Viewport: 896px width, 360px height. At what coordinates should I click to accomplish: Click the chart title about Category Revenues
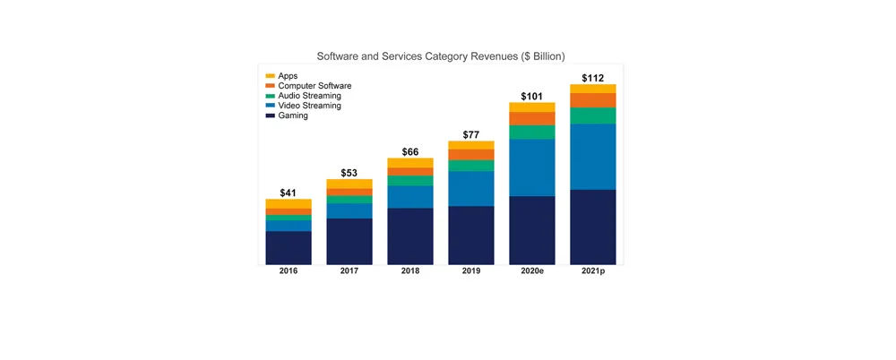441,56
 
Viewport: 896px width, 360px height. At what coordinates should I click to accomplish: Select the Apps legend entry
288,76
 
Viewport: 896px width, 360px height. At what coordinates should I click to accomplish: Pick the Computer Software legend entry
314,86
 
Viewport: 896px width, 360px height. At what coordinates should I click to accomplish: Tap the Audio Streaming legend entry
308,96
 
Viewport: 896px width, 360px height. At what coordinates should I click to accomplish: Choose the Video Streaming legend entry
309,106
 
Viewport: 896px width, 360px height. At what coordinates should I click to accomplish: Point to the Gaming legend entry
293,116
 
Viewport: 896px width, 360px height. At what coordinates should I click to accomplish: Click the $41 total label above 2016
289,193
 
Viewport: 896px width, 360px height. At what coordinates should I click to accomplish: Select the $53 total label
349,173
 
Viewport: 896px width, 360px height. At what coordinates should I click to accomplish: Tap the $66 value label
410,152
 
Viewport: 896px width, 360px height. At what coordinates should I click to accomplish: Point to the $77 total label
471,135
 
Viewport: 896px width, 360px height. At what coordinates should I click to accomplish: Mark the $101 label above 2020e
532,96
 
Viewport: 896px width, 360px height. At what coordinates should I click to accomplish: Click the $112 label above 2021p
593,78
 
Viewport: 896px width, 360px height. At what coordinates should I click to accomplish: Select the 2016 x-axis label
289,271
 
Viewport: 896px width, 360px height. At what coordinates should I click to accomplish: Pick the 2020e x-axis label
532,271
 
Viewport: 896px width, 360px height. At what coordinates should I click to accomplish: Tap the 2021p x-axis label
593,271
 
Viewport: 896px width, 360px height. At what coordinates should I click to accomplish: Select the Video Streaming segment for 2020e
532,167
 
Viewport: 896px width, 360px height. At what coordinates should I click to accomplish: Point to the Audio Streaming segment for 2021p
593,116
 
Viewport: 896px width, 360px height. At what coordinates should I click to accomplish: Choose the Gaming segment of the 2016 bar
289,248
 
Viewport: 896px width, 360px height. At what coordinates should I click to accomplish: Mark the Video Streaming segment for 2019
471,189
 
